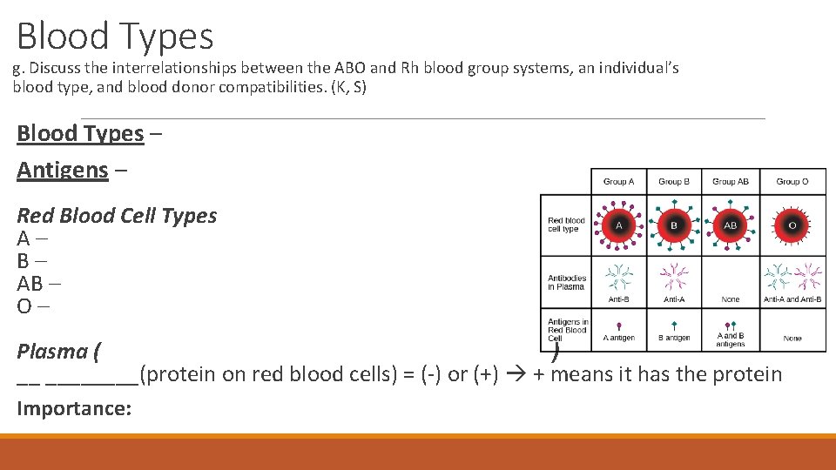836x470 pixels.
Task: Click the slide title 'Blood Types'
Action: tap(115, 37)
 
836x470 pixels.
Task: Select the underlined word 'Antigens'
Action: tap(63, 170)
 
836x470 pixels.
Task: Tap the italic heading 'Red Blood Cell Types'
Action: tap(117, 216)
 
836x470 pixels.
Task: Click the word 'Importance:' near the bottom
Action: tap(74, 408)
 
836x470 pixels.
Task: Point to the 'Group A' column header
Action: tap(619, 181)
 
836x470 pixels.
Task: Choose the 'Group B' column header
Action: tap(674, 181)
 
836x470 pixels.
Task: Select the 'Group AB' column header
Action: tap(730, 181)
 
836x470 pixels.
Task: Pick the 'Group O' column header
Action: tap(792, 181)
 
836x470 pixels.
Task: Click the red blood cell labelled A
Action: tap(619, 225)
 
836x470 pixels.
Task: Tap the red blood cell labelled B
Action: tap(674, 225)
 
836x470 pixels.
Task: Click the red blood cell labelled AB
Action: tap(731, 225)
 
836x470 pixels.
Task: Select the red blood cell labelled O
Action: tap(792, 225)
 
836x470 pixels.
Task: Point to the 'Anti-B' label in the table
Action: tap(619, 299)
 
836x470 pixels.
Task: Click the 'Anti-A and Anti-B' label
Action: tap(792, 299)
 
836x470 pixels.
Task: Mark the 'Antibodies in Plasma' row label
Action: tap(567, 283)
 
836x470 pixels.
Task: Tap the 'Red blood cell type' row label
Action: tap(566, 225)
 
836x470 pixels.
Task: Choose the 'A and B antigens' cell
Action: tap(731, 339)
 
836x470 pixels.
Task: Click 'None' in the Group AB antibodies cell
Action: tap(731, 299)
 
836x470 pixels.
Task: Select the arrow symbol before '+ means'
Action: tap(517, 375)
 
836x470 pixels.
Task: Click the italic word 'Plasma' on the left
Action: tap(52, 352)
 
